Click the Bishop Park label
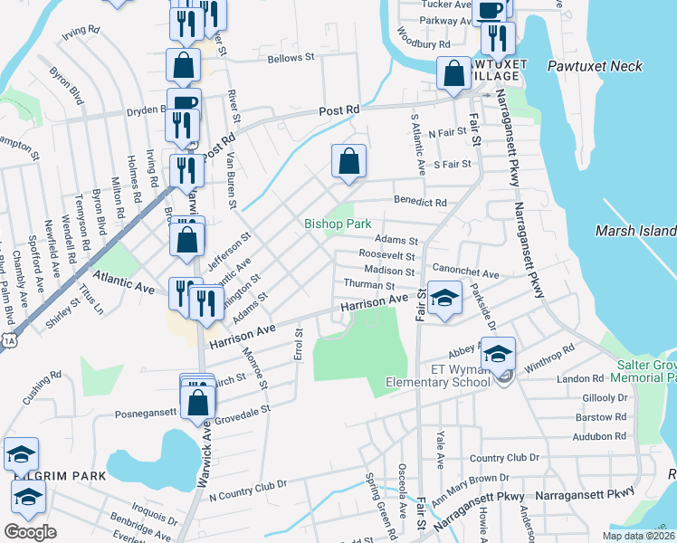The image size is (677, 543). (x=338, y=223)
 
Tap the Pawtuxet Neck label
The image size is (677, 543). (x=595, y=66)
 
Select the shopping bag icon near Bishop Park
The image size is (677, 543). (x=349, y=163)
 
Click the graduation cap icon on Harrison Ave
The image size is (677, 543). (x=443, y=300)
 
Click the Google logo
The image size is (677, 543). (x=31, y=532)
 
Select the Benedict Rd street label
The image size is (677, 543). (x=420, y=202)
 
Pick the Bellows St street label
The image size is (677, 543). (x=291, y=58)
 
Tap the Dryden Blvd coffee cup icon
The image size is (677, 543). (x=183, y=103)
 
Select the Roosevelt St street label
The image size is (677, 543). (x=386, y=255)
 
